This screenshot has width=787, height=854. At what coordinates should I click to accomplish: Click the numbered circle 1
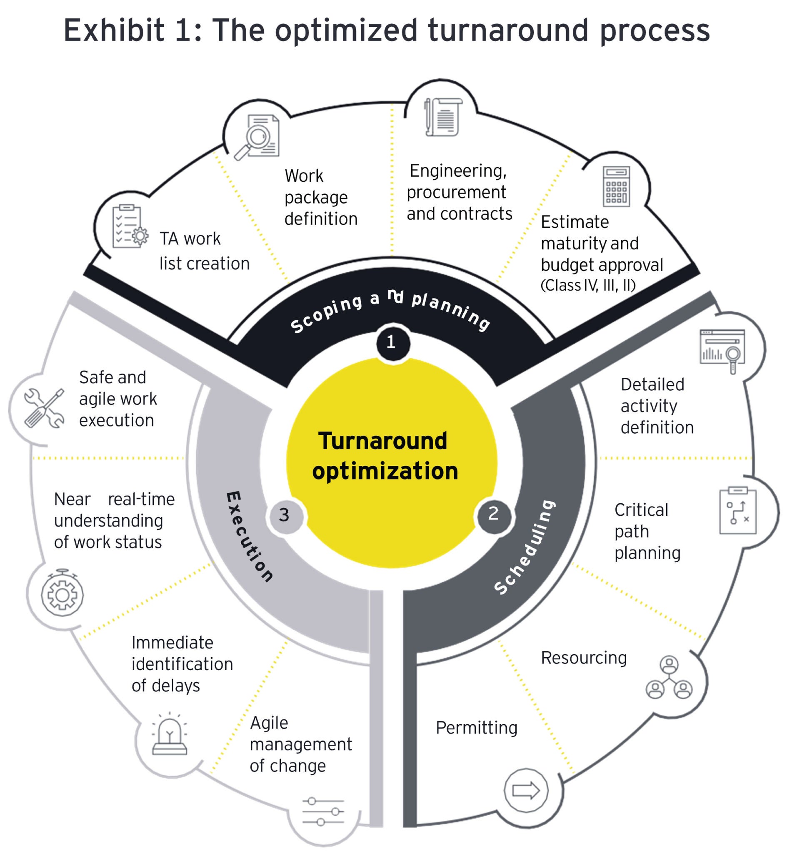click(392, 343)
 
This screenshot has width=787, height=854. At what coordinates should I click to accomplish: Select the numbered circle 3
click(285, 516)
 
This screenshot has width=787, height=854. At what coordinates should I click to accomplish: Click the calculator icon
click(616, 187)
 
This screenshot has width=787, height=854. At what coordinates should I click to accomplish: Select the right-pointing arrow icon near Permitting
click(525, 791)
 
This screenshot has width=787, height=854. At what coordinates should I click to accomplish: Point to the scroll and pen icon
click(443, 117)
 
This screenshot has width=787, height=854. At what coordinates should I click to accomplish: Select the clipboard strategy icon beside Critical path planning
click(737, 511)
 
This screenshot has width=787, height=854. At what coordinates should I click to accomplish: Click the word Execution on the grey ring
click(249, 537)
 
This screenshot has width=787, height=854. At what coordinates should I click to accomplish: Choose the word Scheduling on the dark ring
click(525, 547)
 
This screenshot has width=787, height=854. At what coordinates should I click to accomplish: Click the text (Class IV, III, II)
click(588, 286)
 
